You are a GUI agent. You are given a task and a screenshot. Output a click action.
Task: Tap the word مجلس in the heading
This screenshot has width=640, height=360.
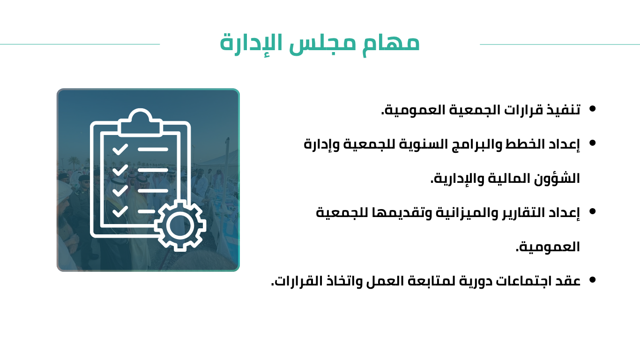pos(322,43)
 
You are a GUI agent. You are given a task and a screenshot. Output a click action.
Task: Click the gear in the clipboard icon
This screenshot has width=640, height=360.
pos(180,225)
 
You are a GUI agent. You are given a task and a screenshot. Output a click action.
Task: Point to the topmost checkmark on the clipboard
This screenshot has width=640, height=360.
pos(120,149)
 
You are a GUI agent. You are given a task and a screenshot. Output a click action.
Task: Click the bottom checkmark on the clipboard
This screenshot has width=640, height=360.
pos(120,211)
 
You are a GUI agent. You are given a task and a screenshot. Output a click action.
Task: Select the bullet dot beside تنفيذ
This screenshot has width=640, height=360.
pos(592,109)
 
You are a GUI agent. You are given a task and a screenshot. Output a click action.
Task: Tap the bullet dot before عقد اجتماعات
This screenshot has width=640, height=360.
pos(592,280)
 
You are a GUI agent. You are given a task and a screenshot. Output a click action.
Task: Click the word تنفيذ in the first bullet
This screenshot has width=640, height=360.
pos(563,110)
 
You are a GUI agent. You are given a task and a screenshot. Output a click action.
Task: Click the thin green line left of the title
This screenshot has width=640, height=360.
pos(80,45)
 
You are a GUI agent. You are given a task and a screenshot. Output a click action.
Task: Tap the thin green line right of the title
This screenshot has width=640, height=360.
pos(560,45)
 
